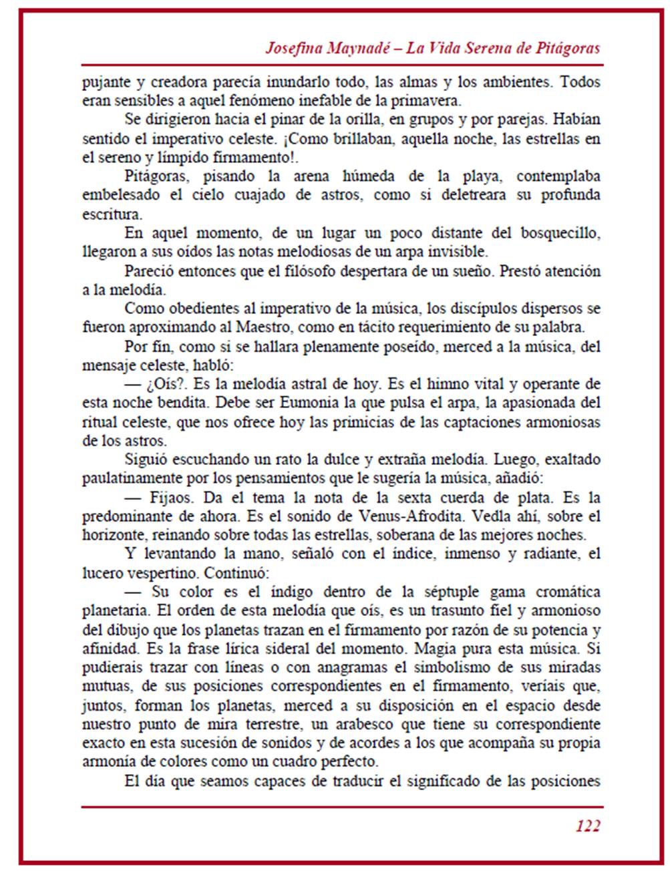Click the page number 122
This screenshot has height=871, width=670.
[588, 826]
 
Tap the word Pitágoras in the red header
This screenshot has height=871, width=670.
[564, 48]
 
